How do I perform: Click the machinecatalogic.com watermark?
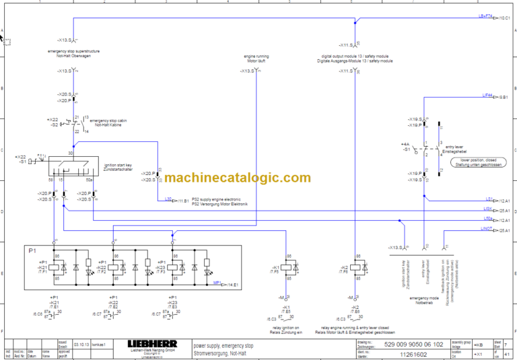(237, 178)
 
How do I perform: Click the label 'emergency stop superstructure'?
(73, 51)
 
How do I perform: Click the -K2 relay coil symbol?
(355, 267)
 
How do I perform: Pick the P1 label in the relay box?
(32, 250)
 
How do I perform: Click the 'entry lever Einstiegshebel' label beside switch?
(455, 148)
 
